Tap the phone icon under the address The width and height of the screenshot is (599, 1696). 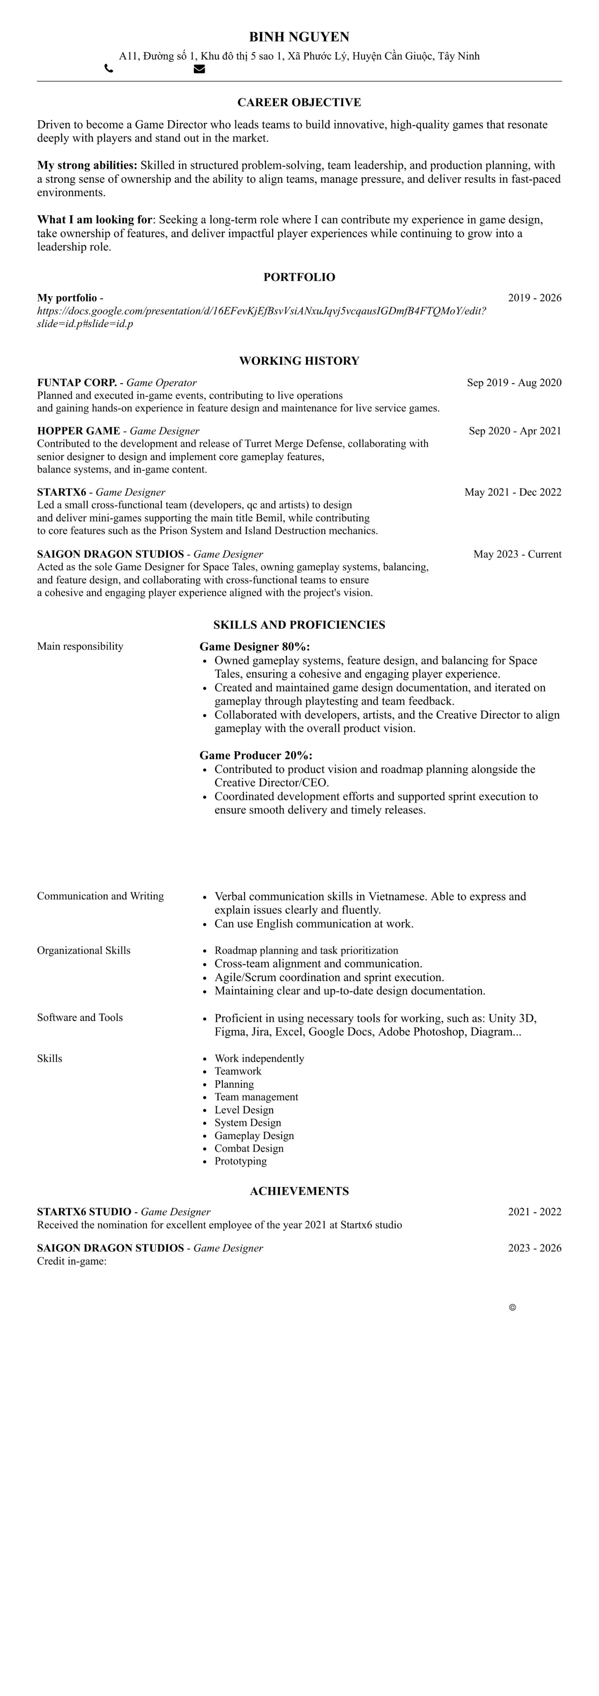tap(109, 68)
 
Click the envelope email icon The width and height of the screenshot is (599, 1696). tap(199, 68)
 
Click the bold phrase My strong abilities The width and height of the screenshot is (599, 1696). tap(87, 165)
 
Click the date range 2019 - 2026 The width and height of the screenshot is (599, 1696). tap(534, 298)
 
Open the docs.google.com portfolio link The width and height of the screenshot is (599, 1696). tap(261, 311)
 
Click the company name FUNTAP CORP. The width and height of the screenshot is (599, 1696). tap(76, 383)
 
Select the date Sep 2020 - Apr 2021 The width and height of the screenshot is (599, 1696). tap(515, 431)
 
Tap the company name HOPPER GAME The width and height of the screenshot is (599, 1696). tap(78, 431)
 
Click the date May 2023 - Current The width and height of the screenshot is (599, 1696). tap(517, 553)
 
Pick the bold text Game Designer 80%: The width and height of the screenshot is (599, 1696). tap(255, 646)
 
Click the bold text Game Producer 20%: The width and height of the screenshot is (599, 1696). tap(256, 755)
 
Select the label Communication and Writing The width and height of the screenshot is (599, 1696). tap(100, 896)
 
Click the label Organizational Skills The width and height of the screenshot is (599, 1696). tap(83, 950)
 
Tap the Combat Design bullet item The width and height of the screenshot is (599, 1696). tap(249, 1148)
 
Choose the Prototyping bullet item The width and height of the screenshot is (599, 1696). tap(240, 1161)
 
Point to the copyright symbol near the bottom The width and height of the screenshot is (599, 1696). tap(512, 1307)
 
